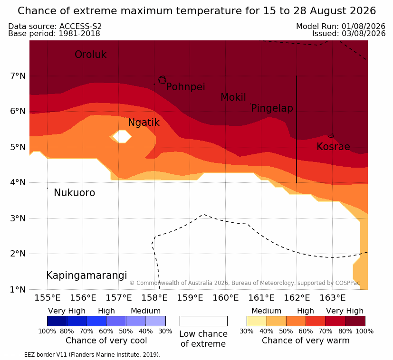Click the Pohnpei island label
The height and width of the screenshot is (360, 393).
pos(185,87)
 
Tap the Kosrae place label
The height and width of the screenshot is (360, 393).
pos(333,147)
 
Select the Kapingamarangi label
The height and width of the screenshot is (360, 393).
pos(86,275)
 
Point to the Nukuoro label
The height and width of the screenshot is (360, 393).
pos(75,193)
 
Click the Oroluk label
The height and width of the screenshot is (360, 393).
pos(90,55)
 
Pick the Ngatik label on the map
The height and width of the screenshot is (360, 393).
pos(144,123)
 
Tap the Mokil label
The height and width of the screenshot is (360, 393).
pos(233,97)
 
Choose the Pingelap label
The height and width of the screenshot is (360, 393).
pos(272,108)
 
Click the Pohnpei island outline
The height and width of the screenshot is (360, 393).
pos(162,80)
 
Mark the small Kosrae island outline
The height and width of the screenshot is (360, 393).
pos(331,136)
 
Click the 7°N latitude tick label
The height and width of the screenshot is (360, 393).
pos(18,76)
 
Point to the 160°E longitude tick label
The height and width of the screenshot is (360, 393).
pos(226,298)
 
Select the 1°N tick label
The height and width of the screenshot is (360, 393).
pos(18,290)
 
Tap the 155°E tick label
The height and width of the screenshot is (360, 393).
pos(48,298)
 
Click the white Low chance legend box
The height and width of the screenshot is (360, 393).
pos(203,321)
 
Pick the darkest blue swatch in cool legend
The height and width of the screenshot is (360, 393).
pos(57,321)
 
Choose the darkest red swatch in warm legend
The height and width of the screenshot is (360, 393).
pos(355,321)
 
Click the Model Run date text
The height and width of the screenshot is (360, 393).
pos(341,26)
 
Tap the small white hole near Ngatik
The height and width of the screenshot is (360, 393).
pos(122,136)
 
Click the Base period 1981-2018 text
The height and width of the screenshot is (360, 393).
pos(54,34)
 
